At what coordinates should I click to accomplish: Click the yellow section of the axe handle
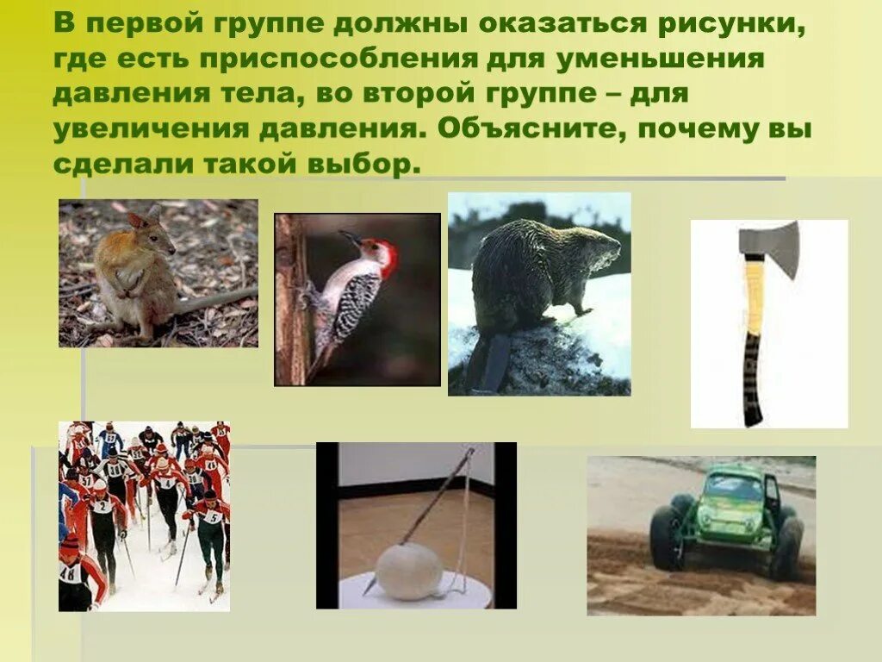pyautogui.click(x=755, y=297)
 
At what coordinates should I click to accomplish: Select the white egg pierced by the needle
pyautogui.click(x=409, y=570)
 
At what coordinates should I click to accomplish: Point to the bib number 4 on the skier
pyautogui.click(x=163, y=481)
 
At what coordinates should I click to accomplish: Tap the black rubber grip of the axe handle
pyautogui.click(x=752, y=379)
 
